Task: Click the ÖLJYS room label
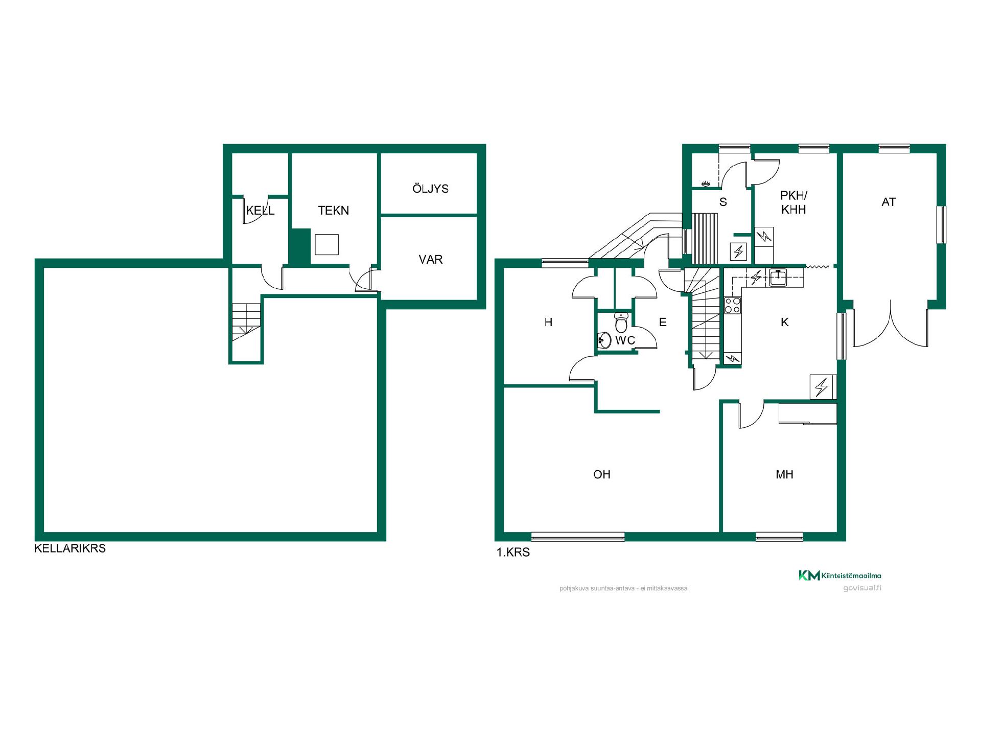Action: tap(430, 188)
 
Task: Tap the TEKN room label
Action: tap(333, 210)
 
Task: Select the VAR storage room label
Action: tap(430, 259)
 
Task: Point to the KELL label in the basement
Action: tap(260, 210)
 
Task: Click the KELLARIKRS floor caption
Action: tap(70, 548)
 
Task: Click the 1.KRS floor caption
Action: tap(513, 553)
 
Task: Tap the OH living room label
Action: tap(602, 474)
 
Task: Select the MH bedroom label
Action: tap(784, 474)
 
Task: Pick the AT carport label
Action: tap(889, 202)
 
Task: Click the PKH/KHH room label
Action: tap(793, 202)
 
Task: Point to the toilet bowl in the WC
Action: tap(621, 322)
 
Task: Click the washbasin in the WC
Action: tap(604, 340)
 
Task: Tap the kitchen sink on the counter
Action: tap(778, 278)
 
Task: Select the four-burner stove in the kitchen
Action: tap(733, 305)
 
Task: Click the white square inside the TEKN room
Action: tap(326, 244)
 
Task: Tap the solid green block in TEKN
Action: tap(299, 246)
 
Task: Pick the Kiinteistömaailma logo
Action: tap(839, 576)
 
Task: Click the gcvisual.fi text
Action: tap(862, 588)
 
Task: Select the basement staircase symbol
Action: tap(246, 322)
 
